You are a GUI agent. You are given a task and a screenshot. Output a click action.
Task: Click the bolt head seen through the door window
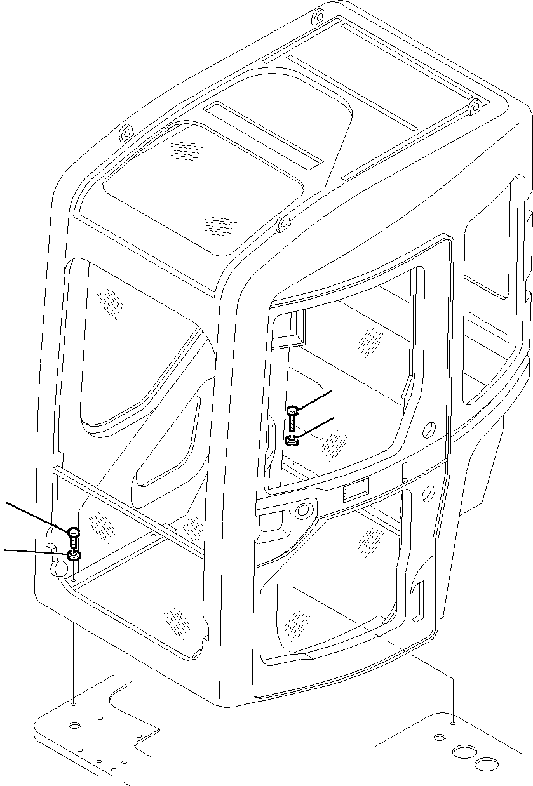coord(292,410)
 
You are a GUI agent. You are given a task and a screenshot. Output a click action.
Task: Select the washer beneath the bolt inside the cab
coord(292,439)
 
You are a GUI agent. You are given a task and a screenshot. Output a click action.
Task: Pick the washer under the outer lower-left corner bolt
coord(74,557)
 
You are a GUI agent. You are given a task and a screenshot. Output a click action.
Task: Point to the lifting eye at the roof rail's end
coord(474,109)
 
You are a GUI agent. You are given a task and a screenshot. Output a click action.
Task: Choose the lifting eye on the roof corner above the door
coord(283,223)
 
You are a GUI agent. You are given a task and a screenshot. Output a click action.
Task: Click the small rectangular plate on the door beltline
coord(356,490)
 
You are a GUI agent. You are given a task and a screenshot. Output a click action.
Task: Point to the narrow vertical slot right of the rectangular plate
coord(405,470)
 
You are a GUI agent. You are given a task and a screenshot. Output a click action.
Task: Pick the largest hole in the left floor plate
coord(74,724)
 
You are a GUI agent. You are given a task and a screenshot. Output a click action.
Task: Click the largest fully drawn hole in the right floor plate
coord(465,752)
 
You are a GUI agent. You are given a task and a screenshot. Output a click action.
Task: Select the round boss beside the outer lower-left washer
coord(59,568)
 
